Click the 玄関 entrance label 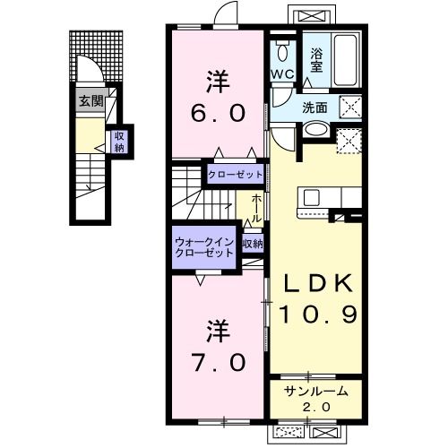point(91,101)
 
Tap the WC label point(282,73)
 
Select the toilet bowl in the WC point(282,51)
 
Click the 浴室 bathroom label point(316,61)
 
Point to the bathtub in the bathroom point(346,61)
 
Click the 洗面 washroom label point(314,108)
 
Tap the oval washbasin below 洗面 point(315,130)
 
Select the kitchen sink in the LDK point(311,197)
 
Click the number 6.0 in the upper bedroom point(218,113)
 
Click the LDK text point(317,283)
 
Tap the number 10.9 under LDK point(318,314)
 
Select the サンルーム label point(316,391)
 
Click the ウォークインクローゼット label point(204,247)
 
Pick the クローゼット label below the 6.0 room point(235,175)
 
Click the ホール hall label point(255,208)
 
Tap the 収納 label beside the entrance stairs point(119,142)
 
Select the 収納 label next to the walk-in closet point(253,245)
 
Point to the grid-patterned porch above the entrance point(96,56)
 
